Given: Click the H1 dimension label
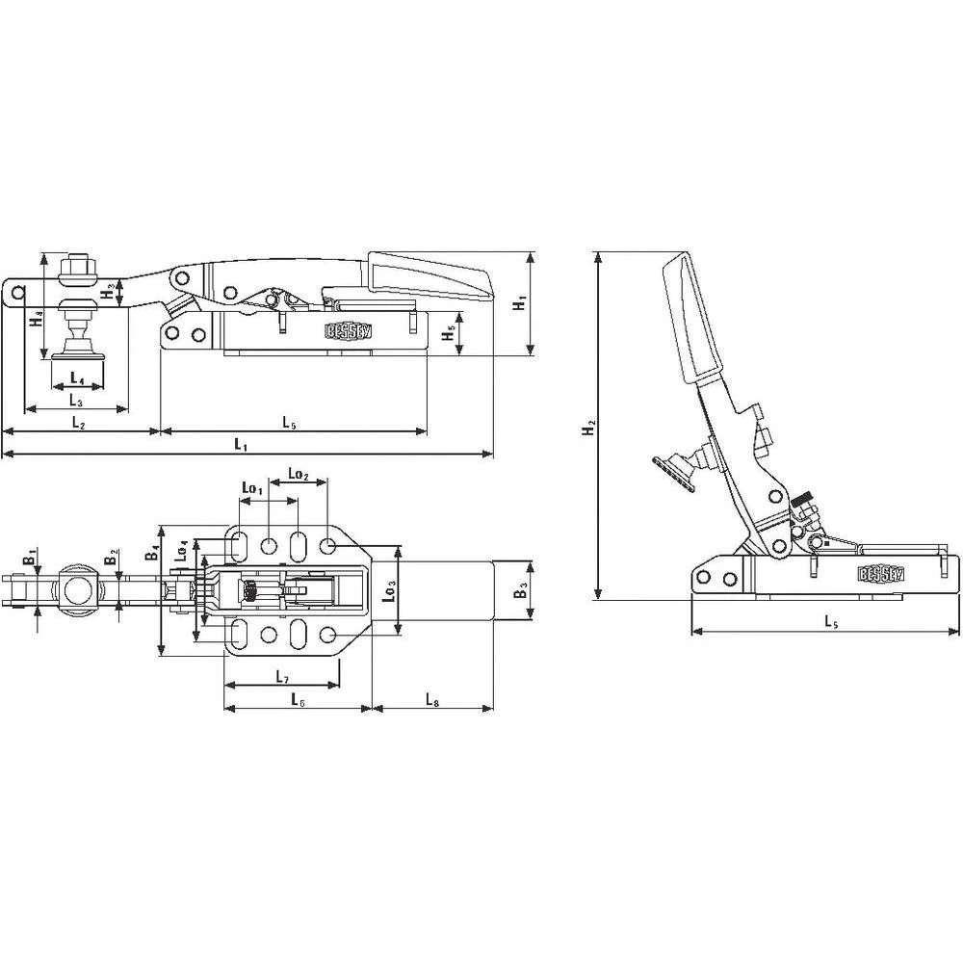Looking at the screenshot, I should click(x=519, y=302).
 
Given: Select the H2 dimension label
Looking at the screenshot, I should click(x=588, y=427).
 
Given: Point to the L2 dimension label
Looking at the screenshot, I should click(x=79, y=422).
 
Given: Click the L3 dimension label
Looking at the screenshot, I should click(x=74, y=400).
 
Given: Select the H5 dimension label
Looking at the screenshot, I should click(x=447, y=334).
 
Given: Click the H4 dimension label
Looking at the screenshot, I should click(x=35, y=317).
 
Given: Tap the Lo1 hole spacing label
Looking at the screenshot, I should click(x=250, y=490).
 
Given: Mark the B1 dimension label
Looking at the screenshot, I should click(x=32, y=556).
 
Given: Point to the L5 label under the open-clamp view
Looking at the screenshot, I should click(x=829, y=622).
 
